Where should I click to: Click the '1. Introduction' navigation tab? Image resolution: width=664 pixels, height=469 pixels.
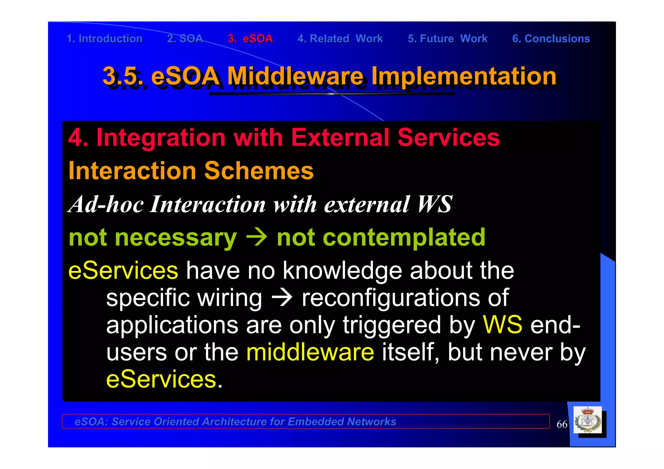[104, 39]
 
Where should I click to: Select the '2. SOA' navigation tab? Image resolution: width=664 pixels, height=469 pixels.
[185, 39]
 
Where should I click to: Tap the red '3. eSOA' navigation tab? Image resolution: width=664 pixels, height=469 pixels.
[250, 39]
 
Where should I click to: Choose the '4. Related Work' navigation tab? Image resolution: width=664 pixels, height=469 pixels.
[340, 39]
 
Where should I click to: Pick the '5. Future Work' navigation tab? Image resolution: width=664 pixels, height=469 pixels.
[447, 39]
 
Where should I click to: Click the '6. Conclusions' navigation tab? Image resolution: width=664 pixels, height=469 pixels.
[551, 39]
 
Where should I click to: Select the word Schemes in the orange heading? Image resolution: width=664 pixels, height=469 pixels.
[259, 171]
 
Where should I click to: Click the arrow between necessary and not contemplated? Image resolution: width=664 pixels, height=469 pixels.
[256, 237]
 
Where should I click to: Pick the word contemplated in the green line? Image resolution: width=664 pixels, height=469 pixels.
[381, 237]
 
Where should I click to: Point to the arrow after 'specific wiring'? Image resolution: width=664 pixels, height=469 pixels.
[282, 298]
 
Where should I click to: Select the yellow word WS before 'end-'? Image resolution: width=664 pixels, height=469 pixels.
[503, 325]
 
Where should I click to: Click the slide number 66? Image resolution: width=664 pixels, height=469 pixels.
[562, 424]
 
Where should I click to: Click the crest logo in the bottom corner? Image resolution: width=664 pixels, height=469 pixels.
[587, 420]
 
